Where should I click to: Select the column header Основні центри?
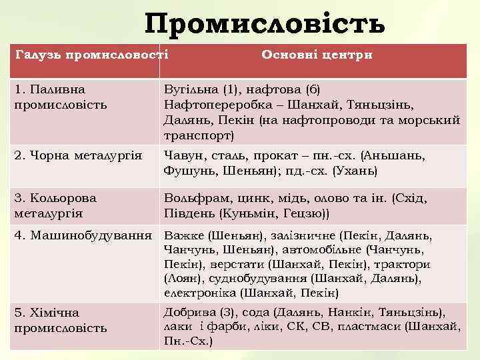pyautogui.click(x=317, y=55)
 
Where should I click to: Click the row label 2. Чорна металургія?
pyautogui.click(x=78, y=156)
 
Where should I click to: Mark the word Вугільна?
pyautogui.click(x=191, y=89)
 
